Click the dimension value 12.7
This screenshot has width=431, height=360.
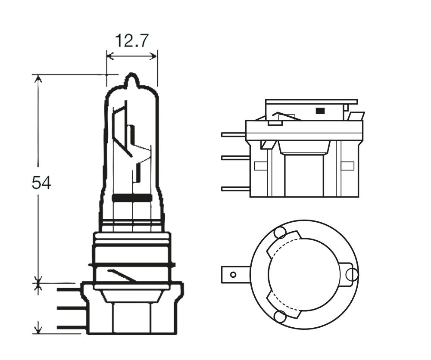pos(131,41)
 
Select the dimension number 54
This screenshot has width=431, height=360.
pos(41,183)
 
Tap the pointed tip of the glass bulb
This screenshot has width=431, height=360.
pos(132,78)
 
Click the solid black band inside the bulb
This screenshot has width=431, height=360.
pos(132,198)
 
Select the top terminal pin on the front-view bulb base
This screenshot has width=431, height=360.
pos(69,290)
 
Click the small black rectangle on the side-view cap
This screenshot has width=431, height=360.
pos(320,111)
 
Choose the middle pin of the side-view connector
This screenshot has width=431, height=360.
pos(235,158)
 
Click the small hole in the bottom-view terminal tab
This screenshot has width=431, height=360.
pos(233,275)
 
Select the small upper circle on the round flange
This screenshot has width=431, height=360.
pos(280,233)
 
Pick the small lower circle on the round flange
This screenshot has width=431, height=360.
pos(280,317)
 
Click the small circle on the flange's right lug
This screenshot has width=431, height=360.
pos(352,275)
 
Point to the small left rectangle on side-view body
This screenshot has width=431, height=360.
pos(261,166)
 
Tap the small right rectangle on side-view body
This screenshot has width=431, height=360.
pos(347,166)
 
